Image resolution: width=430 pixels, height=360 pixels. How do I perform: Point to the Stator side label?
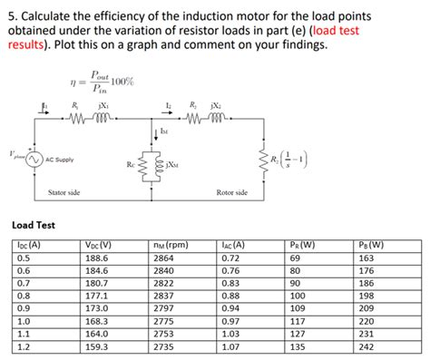click(64, 193)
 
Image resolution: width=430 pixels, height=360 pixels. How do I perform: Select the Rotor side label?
click(233, 193)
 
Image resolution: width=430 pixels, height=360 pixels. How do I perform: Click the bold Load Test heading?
click(34, 225)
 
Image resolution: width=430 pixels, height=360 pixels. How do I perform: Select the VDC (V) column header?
click(95, 245)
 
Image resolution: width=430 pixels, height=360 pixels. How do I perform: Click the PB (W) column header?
click(371, 245)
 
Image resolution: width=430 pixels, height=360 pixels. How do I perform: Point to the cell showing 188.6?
click(94, 258)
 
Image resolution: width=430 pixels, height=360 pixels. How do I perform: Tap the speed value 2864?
click(164, 258)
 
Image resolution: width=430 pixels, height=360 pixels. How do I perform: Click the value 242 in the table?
click(367, 347)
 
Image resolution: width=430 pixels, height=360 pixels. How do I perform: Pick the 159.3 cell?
click(94, 347)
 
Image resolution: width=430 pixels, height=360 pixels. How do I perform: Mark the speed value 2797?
click(164, 308)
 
